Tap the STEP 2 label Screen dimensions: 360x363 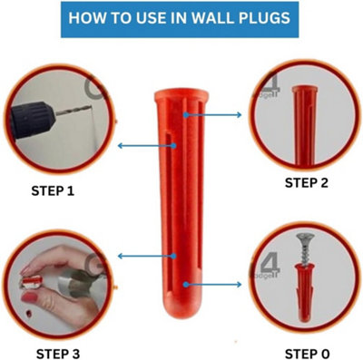(x=309, y=182)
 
